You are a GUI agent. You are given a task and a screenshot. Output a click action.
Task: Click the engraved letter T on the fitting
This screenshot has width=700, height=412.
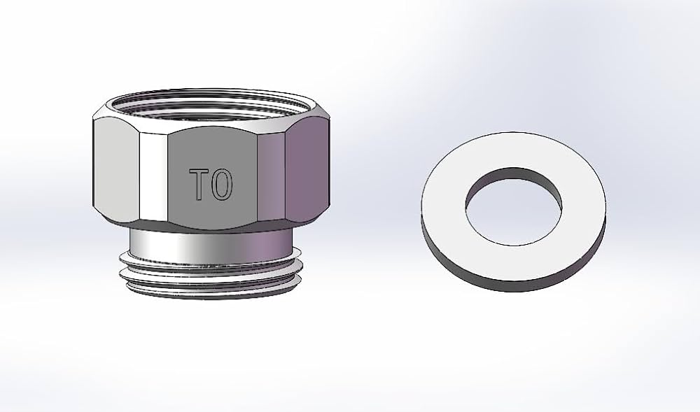(x=201, y=183)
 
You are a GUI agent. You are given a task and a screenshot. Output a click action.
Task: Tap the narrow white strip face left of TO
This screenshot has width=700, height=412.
(x=153, y=175)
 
